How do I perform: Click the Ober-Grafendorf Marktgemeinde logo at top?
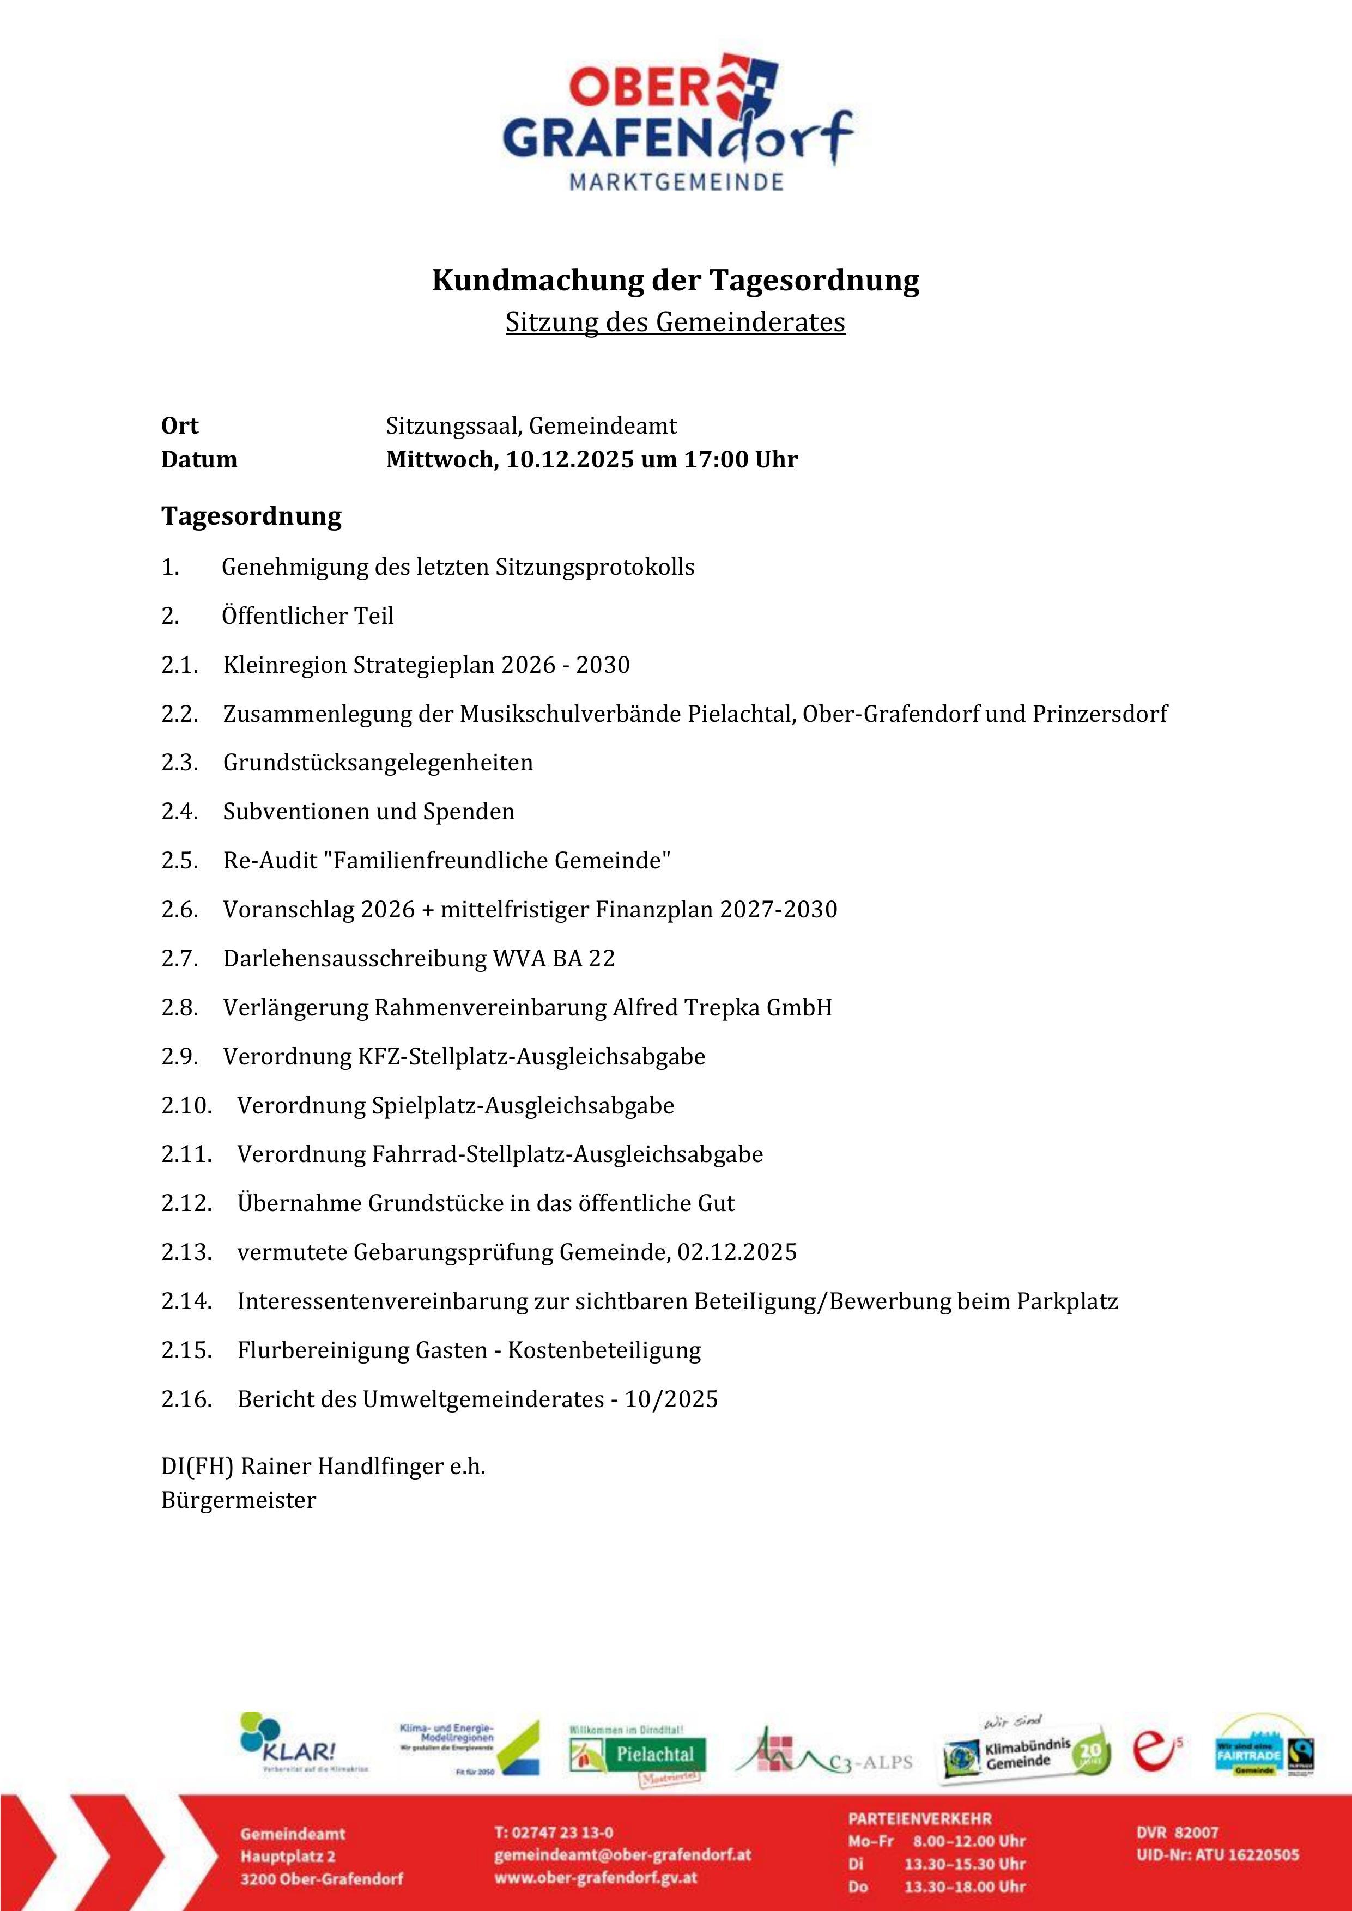point(676,123)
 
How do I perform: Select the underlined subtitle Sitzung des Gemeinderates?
point(675,322)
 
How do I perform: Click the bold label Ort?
point(180,425)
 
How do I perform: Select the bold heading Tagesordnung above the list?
point(251,516)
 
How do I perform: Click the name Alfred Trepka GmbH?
point(722,1007)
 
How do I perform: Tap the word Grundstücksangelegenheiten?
point(378,763)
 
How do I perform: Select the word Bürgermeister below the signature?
point(239,1501)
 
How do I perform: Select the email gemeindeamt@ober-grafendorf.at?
point(623,1855)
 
